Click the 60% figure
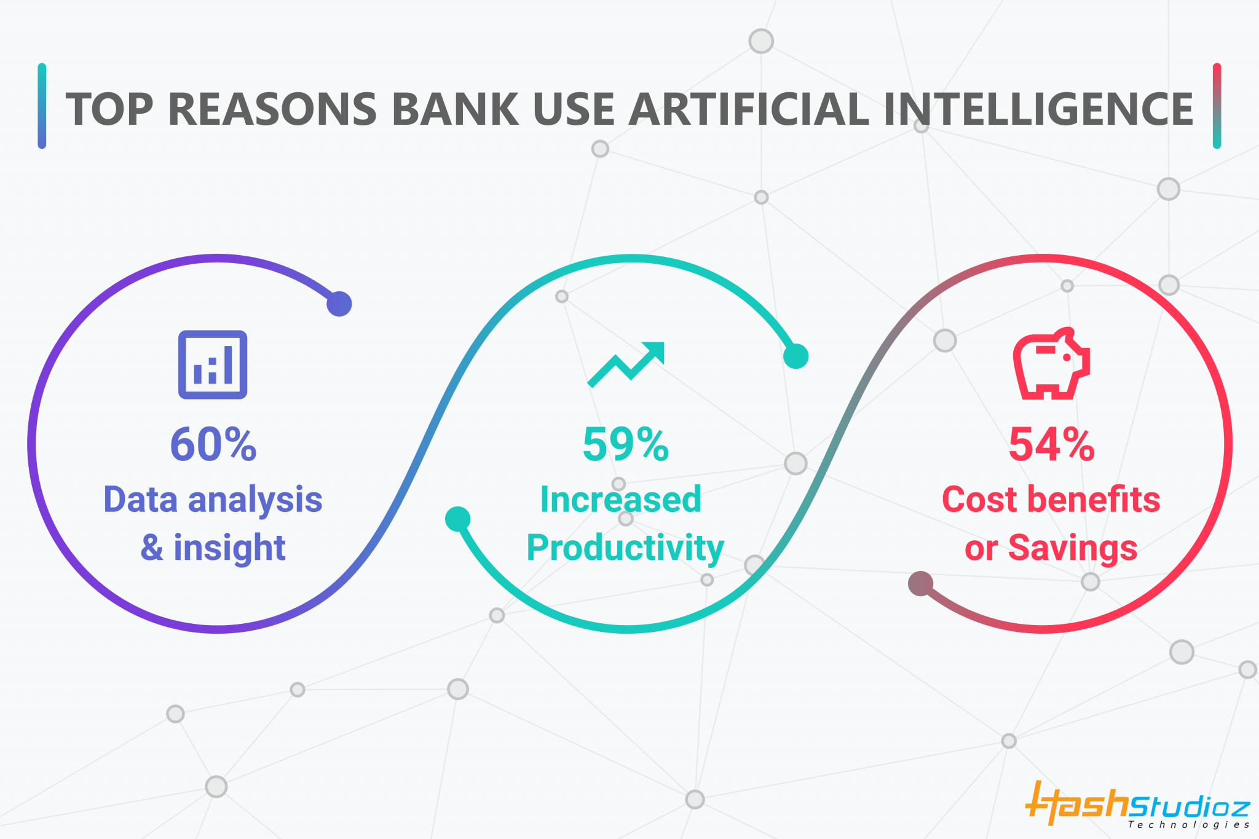pyautogui.click(x=213, y=444)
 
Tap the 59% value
pyautogui.click(x=625, y=444)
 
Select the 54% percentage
pyautogui.click(x=1051, y=444)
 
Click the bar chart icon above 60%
pyautogui.click(x=213, y=364)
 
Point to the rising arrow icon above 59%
pyautogui.click(x=626, y=364)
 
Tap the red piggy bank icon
pyautogui.click(x=1051, y=363)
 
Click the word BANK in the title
pyautogui.click(x=455, y=109)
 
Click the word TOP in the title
pyautogui.click(x=109, y=109)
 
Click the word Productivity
pyautogui.click(x=625, y=548)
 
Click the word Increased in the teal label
pyautogui.click(x=620, y=499)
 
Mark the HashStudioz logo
pyautogui.click(x=1137, y=804)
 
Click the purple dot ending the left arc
pyautogui.click(x=339, y=304)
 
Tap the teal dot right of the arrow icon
pyautogui.click(x=795, y=356)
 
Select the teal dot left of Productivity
pyautogui.click(x=458, y=519)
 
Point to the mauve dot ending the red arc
pyautogui.click(x=920, y=583)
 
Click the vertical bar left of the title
pyautogui.click(x=42, y=106)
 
